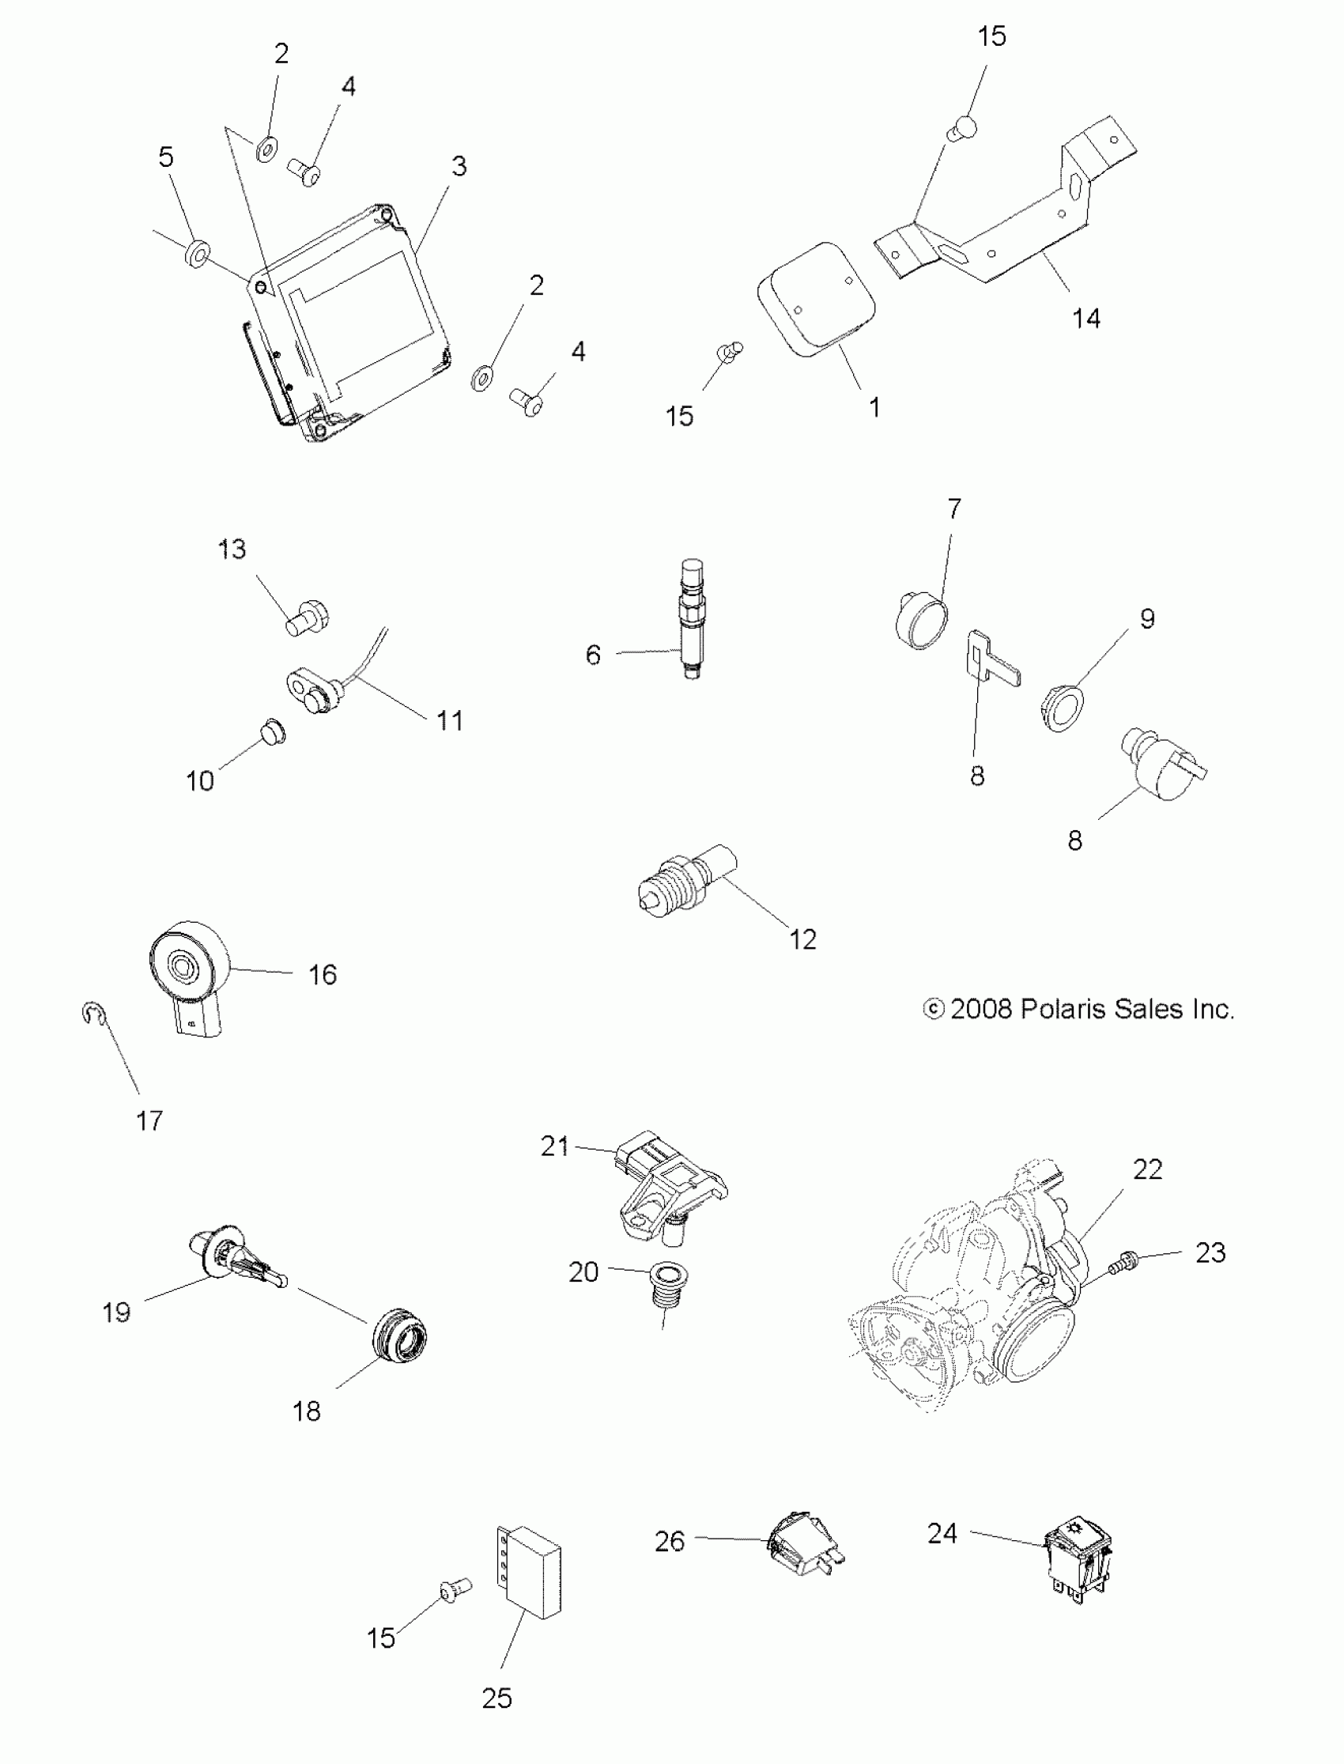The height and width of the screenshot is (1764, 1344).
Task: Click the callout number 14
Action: (1085, 319)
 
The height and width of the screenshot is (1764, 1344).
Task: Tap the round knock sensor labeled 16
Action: (189, 969)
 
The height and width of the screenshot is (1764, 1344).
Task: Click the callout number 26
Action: (669, 1541)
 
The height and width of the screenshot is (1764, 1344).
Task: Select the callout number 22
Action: (1147, 1169)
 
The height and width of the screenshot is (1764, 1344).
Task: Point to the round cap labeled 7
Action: (921, 619)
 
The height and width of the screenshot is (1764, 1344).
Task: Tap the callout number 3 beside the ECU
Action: (459, 166)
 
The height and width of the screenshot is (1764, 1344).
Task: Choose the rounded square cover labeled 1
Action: (816, 298)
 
